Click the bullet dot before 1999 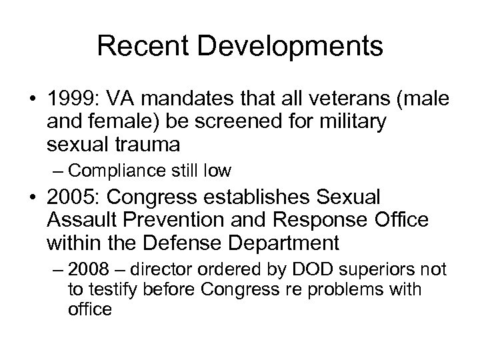pos(33,103)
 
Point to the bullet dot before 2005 pos(33,199)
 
